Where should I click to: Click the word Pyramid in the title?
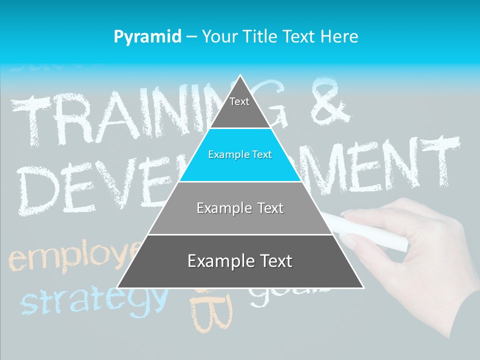[x=147, y=37]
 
